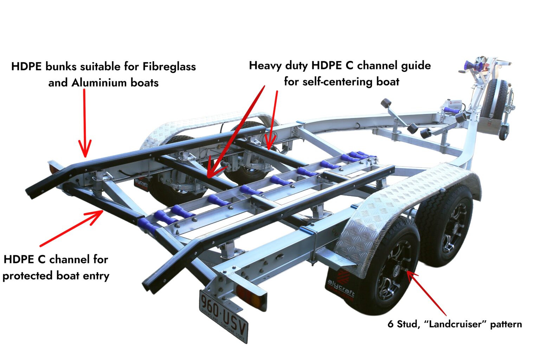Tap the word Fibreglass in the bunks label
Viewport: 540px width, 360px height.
(x=169, y=66)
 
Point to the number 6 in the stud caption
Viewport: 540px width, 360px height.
(x=390, y=324)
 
